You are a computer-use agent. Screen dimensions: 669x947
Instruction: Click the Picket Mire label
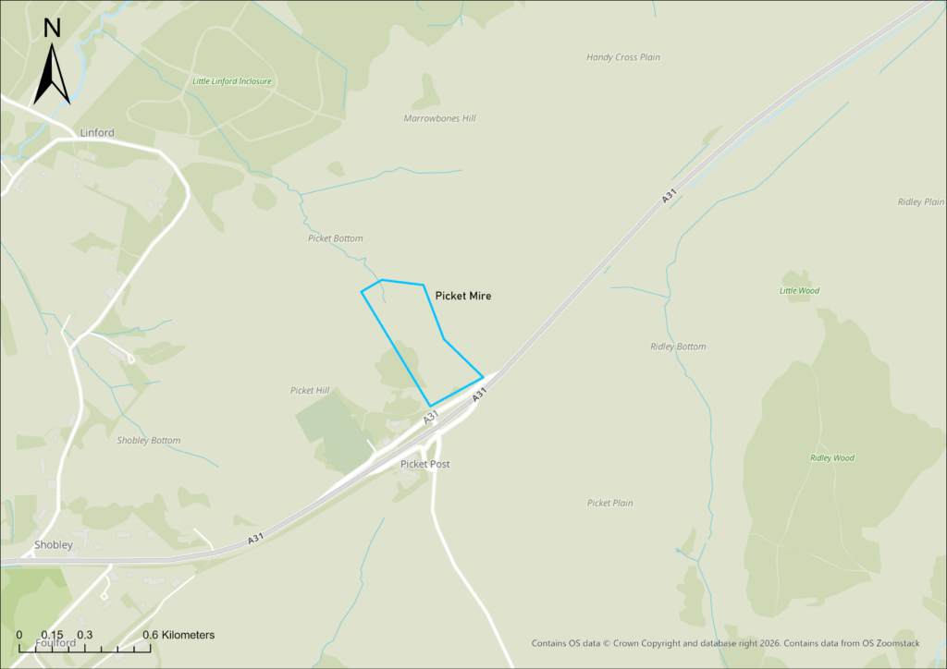coord(462,297)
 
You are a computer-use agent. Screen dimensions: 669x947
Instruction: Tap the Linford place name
coord(97,133)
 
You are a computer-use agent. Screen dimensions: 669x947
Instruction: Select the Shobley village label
coord(54,545)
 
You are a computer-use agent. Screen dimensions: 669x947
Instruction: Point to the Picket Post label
coord(425,464)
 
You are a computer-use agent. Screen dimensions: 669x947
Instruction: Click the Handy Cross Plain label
coord(623,57)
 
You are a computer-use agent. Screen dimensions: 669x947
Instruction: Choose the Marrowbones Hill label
coord(439,118)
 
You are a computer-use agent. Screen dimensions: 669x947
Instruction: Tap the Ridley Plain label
coord(921,201)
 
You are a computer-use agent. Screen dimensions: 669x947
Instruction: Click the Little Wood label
coord(799,291)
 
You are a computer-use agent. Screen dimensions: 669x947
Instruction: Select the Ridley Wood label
coord(832,458)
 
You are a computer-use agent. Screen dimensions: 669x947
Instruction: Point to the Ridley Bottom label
coord(678,347)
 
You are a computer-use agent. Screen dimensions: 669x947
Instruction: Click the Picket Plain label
coord(610,504)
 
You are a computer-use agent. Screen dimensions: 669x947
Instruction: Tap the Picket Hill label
coord(310,391)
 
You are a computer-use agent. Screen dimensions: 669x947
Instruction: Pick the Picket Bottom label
coord(336,238)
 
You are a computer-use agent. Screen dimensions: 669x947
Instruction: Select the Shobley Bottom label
coord(149,441)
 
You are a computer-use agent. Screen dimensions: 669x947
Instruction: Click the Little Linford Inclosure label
coord(232,81)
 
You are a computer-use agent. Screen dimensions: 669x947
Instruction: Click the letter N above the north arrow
coord(53,28)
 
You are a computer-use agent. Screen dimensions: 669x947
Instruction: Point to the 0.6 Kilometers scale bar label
coord(178,635)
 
